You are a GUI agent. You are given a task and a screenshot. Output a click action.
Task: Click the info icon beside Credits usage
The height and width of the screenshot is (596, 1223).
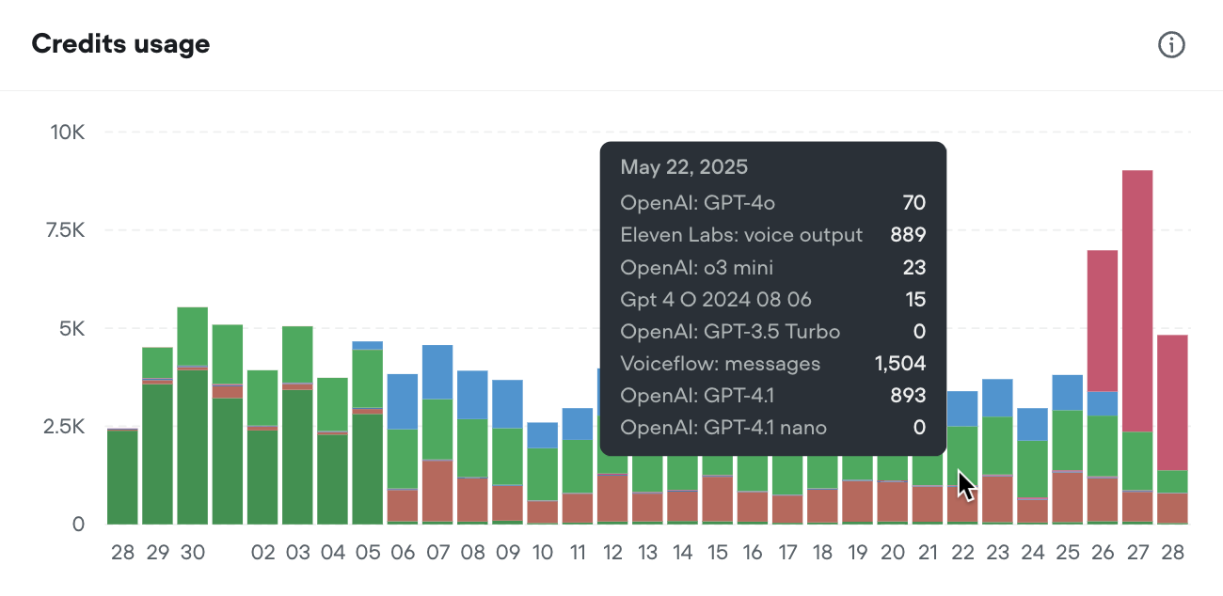coord(1171,44)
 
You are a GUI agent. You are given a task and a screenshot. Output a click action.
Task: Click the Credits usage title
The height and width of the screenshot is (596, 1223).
coord(120,44)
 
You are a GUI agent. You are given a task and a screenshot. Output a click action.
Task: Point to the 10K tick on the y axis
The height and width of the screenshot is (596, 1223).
coord(67,133)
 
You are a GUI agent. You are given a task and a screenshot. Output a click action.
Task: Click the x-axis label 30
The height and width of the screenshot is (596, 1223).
coord(192,553)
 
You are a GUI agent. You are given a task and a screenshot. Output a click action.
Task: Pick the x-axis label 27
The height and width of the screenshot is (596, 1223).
coord(1137,553)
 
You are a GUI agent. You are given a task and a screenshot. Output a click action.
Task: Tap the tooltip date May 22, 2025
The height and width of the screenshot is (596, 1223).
coord(684,167)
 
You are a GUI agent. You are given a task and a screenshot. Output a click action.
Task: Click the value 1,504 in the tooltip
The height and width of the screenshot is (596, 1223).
coord(900,363)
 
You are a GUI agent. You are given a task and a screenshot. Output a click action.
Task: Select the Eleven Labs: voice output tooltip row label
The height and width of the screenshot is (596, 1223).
coord(741,235)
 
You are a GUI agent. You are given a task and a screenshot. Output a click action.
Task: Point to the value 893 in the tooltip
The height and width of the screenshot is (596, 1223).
coord(908,396)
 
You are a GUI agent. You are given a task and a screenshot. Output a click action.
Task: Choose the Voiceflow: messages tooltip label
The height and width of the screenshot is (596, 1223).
coord(720,363)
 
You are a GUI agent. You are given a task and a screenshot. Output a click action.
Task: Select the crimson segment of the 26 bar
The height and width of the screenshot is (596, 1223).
coord(1103,320)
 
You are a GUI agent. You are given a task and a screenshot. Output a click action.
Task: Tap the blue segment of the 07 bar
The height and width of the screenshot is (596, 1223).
coord(437,372)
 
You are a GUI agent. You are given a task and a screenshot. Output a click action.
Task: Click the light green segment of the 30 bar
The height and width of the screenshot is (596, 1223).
coord(192,336)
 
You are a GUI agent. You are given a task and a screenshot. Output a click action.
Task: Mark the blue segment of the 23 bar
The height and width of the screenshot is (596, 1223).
coord(997,398)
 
